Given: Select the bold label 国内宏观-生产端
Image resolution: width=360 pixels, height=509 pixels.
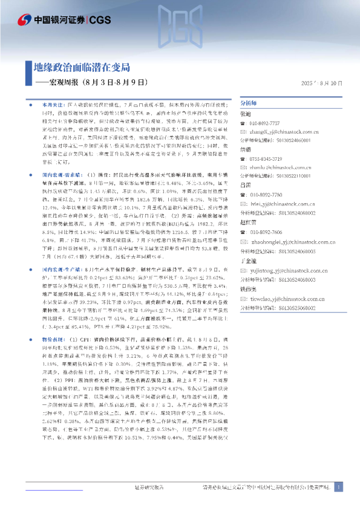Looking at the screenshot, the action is point(59,250).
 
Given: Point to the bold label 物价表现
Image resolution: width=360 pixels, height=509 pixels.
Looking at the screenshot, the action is point(52,322).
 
